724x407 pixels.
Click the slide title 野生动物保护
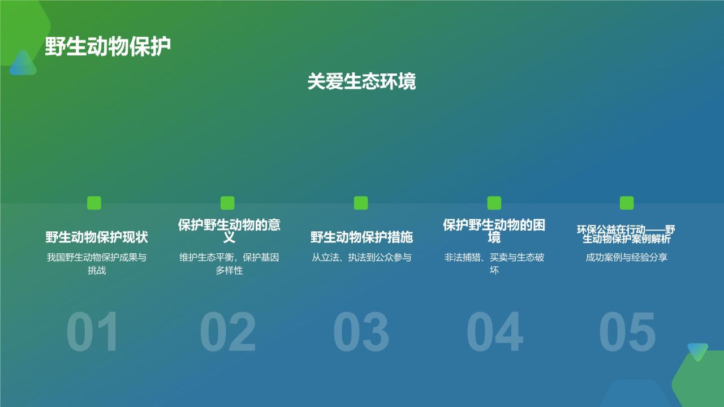[x=107, y=47]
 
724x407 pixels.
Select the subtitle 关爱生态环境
[x=361, y=81]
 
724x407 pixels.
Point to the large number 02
[x=227, y=332]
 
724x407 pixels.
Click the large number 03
[x=361, y=332]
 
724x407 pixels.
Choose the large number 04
[x=494, y=332]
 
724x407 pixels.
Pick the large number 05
[x=627, y=332]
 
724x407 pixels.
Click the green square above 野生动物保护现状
[x=94, y=203]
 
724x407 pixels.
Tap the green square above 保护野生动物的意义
[x=227, y=203]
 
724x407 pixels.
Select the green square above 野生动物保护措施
[x=361, y=203]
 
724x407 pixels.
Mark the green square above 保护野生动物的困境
[x=494, y=203]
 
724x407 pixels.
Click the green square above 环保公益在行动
[x=627, y=203]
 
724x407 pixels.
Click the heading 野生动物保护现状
[x=97, y=237]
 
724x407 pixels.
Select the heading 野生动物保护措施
[x=361, y=237]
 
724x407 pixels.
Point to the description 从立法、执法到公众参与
[x=361, y=258]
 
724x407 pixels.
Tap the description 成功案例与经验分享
[x=627, y=258]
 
